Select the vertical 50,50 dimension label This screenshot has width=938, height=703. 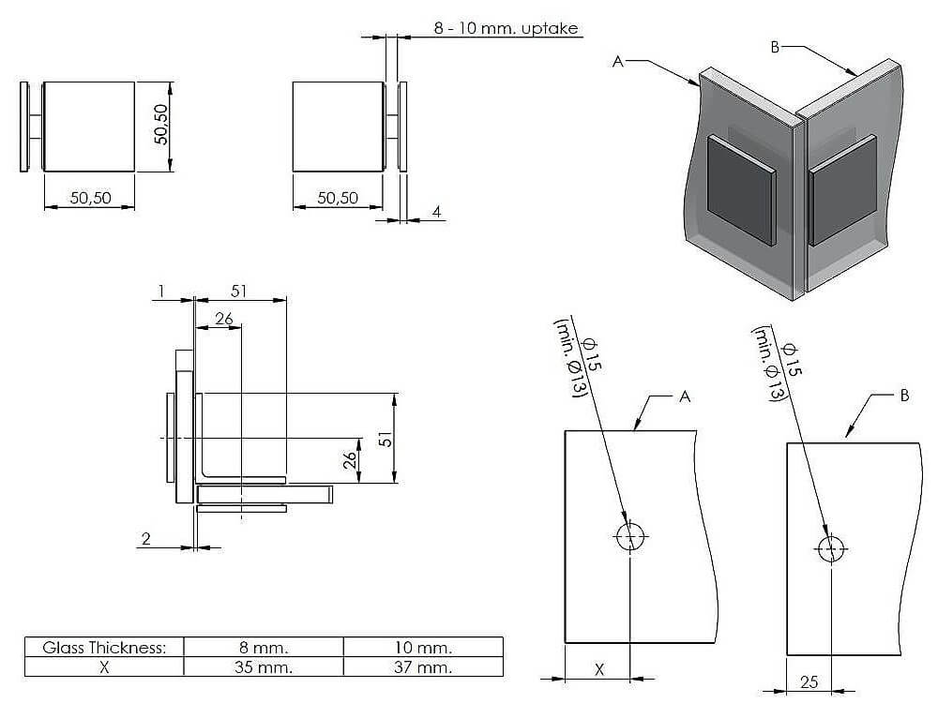[160, 124]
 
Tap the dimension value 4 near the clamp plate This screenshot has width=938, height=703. [436, 212]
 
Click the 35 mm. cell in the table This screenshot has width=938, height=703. [264, 666]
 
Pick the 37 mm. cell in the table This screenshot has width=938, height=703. [423, 666]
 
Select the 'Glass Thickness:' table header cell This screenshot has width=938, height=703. [104, 648]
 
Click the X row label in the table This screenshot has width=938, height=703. [104, 666]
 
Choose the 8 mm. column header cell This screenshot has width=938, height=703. [264, 648]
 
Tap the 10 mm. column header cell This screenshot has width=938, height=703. [423, 648]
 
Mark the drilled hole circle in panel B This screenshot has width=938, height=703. [830, 549]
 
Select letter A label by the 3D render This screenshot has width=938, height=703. [618, 61]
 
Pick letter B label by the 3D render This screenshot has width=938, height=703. [775, 47]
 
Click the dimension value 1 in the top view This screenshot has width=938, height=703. [161, 292]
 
